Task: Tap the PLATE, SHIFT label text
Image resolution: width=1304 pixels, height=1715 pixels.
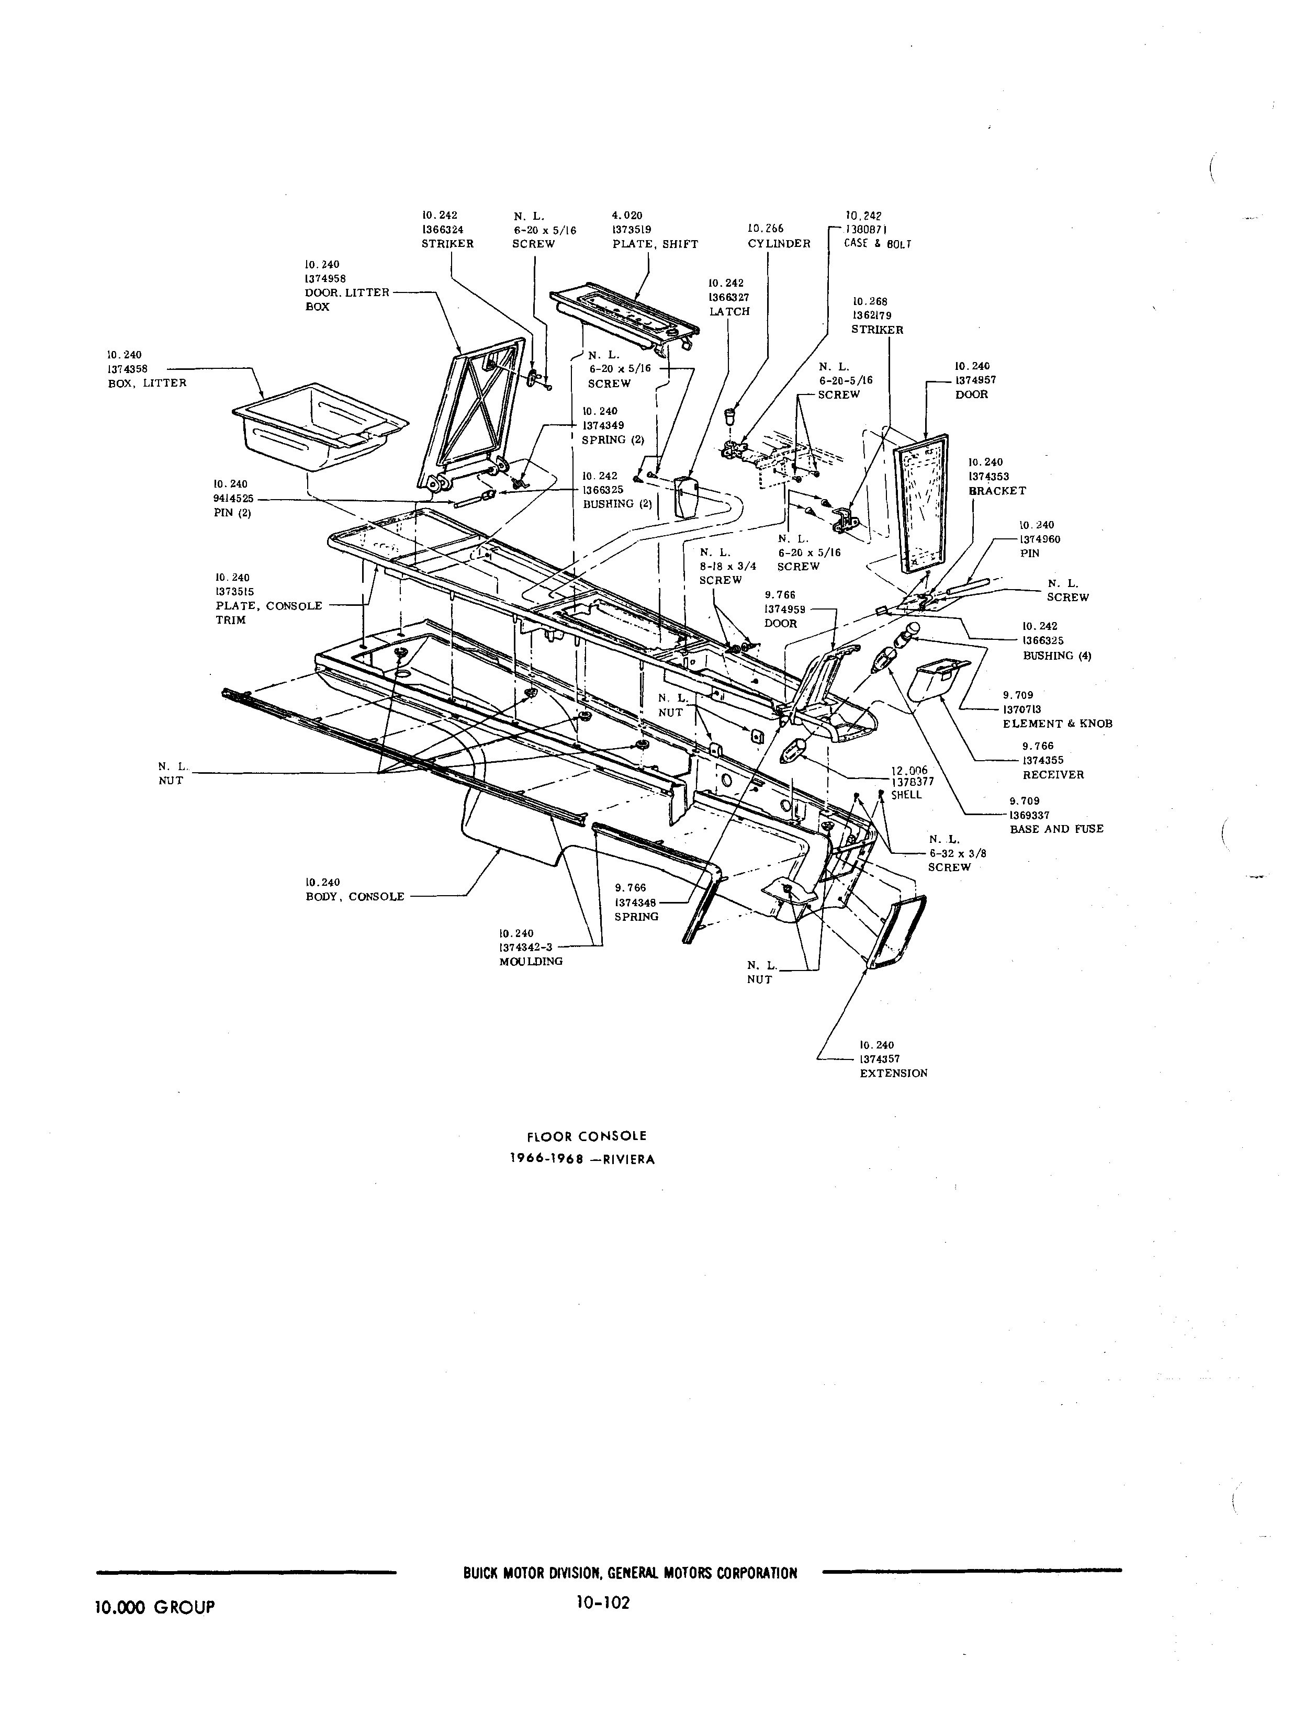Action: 655,244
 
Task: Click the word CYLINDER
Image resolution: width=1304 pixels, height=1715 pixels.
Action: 779,244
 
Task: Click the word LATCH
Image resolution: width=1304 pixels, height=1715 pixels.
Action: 729,311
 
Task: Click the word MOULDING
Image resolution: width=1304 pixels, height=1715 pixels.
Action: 531,962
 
